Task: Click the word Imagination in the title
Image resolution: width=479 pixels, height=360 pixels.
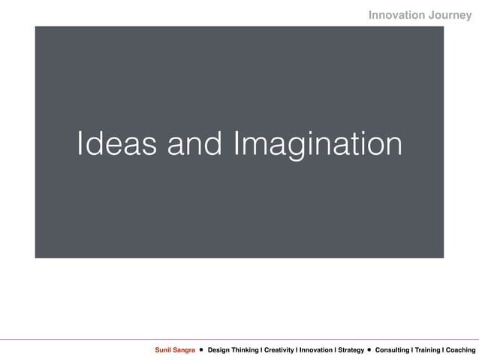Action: (x=318, y=144)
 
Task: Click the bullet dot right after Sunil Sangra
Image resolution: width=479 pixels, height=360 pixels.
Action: (x=201, y=350)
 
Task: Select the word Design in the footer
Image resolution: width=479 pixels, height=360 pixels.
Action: (x=219, y=350)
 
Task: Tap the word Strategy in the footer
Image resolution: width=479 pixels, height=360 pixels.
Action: (x=351, y=350)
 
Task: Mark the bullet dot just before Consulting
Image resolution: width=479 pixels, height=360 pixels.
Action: (x=369, y=350)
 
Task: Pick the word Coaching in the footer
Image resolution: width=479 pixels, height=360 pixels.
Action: (x=461, y=350)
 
